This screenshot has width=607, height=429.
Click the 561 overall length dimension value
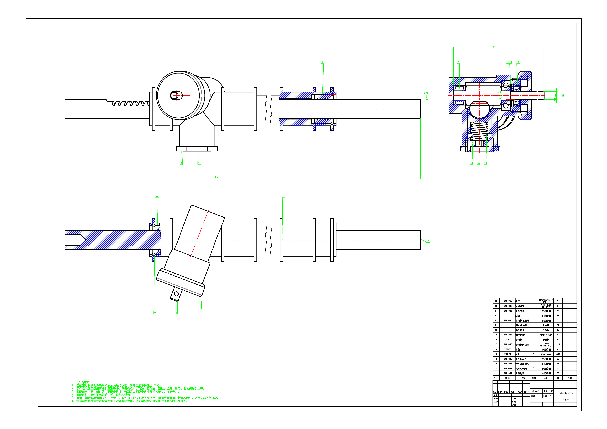point(217,177)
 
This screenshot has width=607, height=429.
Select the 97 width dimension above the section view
point(494,47)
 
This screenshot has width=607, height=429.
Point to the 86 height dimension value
point(563,95)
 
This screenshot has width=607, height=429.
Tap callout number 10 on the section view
point(458,63)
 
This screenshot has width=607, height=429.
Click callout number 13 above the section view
point(518,63)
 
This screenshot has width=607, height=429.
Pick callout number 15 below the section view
point(471,164)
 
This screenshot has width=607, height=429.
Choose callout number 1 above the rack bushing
point(322,63)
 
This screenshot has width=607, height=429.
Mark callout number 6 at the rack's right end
point(428,241)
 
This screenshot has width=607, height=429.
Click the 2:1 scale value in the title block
point(551,396)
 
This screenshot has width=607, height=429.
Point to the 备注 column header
point(570,378)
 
